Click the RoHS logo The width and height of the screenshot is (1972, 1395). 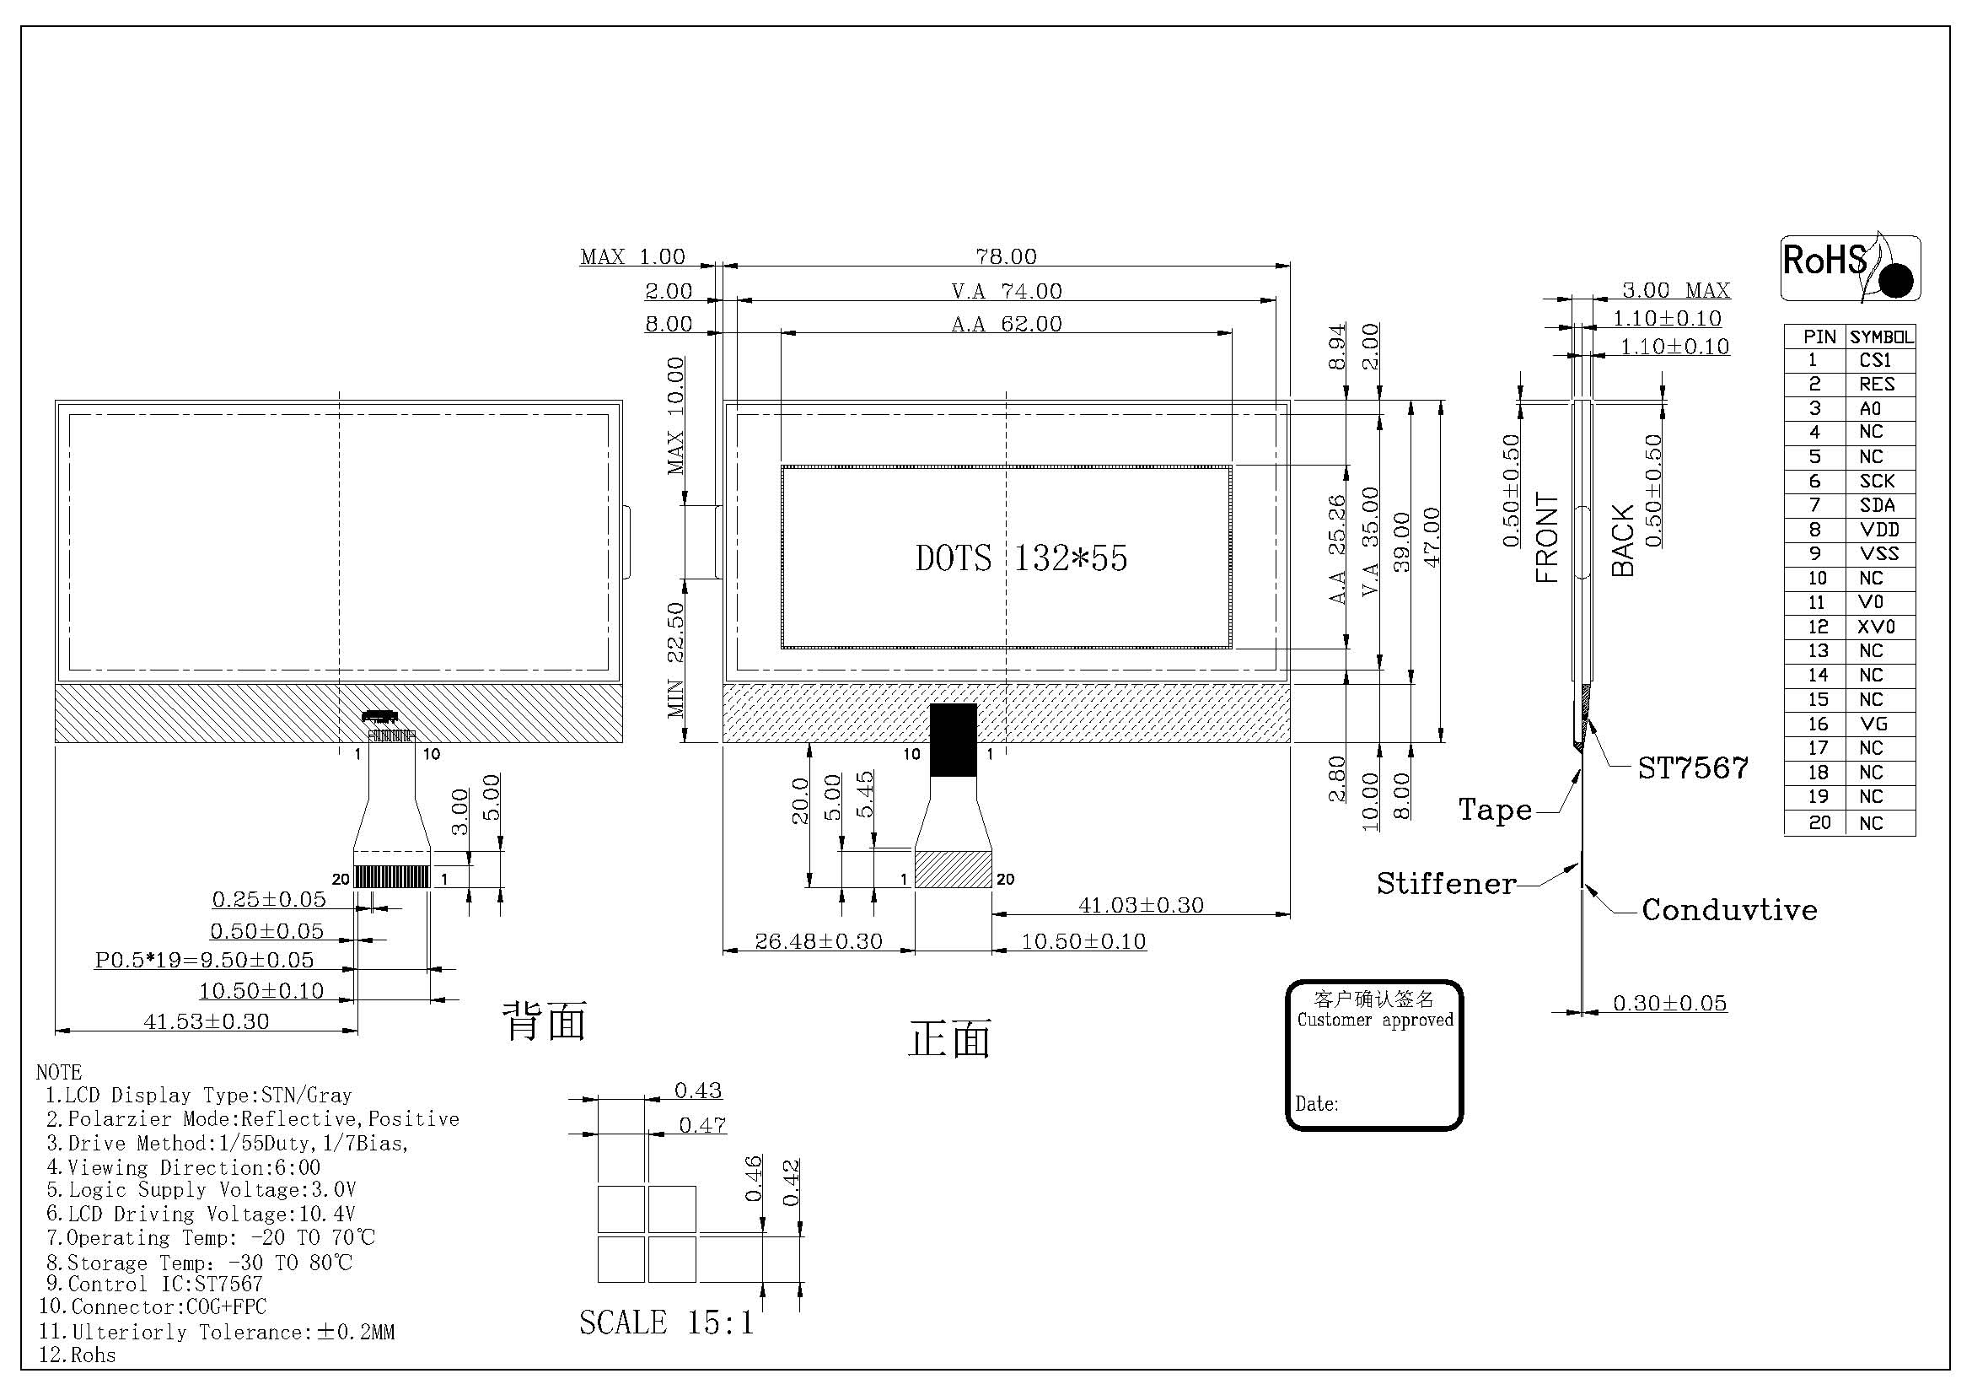click(x=1850, y=267)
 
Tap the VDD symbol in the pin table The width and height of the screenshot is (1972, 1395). click(x=1878, y=529)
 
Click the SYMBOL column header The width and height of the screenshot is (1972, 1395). click(x=1880, y=337)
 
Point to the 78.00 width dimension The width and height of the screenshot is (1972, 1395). click(x=1006, y=256)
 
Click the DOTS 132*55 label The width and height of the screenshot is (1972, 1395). click(x=1021, y=558)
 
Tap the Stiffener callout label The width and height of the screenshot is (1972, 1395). click(x=1447, y=884)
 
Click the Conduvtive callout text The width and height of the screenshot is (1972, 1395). click(x=1729, y=911)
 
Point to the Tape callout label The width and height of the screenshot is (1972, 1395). click(x=1496, y=809)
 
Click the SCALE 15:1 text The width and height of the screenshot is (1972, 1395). click(x=667, y=1322)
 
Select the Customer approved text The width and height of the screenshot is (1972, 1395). click(x=1375, y=1021)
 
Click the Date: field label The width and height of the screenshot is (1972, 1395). click(x=1317, y=1104)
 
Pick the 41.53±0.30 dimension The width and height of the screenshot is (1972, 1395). click(x=206, y=1021)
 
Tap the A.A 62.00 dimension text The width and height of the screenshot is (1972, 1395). click(x=1007, y=324)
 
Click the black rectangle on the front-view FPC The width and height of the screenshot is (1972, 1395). click(x=954, y=740)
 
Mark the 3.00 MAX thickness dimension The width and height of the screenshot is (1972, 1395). click(x=1676, y=290)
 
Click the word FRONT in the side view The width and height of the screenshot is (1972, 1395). click(x=1547, y=538)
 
